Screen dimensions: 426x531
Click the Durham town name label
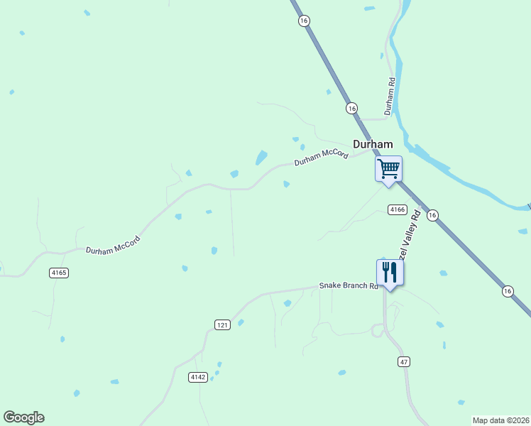pos(373,144)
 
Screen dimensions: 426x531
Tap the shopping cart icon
pos(388,169)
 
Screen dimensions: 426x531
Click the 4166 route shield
pos(397,209)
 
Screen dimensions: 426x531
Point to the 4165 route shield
pos(59,273)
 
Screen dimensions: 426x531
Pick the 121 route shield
pos(222,324)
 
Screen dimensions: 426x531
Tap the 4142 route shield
pos(198,377)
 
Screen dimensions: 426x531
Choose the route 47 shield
pos(403,361)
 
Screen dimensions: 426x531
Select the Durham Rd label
pos(390,97)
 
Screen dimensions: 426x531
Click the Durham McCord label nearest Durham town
pos(321,156)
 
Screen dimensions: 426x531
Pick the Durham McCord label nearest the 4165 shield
pos(114,246)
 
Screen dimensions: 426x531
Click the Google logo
pos(24,417)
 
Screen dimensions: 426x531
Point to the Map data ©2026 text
pos(500,420)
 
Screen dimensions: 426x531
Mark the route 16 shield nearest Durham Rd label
pos(351,108)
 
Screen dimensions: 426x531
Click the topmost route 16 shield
pos(304,21)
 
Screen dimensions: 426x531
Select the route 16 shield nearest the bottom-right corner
pos(507,291)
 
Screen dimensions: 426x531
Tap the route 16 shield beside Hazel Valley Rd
pos(433,215)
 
